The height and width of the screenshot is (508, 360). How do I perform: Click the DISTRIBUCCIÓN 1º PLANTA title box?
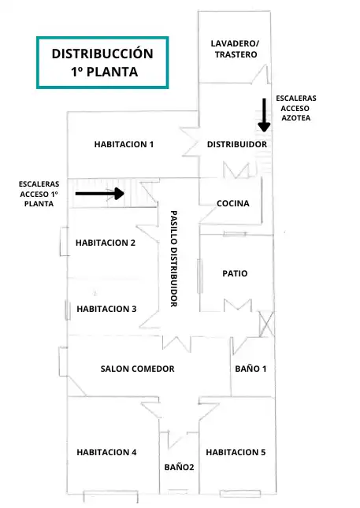102,62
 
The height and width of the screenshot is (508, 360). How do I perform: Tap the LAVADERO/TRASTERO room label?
236,49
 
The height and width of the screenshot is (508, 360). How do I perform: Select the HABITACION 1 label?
124,144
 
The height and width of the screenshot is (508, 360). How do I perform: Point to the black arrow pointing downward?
265,115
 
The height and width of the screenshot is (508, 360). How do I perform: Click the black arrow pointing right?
100,194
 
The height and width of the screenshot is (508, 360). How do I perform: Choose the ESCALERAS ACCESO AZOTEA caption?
296,108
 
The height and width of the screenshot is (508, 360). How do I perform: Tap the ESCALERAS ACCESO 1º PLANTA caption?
39,194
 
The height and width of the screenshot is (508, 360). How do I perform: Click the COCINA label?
233,203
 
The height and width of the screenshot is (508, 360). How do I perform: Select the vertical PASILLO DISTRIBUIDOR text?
174,258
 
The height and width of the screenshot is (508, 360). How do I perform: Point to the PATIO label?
235,273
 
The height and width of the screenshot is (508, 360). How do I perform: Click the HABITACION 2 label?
106,243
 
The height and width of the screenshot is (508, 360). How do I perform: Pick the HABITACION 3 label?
106,309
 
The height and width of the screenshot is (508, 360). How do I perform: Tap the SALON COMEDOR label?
137,369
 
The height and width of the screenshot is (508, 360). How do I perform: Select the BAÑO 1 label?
251,369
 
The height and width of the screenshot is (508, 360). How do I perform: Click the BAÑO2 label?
179,467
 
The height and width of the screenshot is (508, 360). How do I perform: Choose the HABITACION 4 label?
106,452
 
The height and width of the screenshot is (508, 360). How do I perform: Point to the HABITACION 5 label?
236,452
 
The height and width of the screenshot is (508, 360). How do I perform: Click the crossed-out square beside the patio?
267,324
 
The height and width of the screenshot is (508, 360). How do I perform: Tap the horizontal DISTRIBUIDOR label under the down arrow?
237,144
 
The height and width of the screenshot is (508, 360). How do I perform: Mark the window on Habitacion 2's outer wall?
64,241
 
